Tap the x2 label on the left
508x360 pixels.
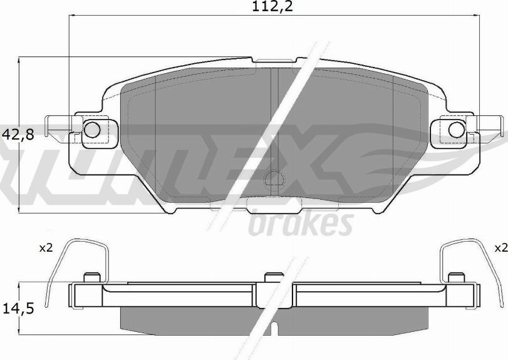pyautogui.click(x=45, y=249)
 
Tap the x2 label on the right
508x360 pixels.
pyautogui.click(x=499, y=249)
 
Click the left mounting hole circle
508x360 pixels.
pyautogui.click(x=91, y=130)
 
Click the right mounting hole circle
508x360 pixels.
pyautogui.click(x=456, y=129)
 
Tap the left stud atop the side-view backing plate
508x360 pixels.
pyautogui.click(x=91, y=277)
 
